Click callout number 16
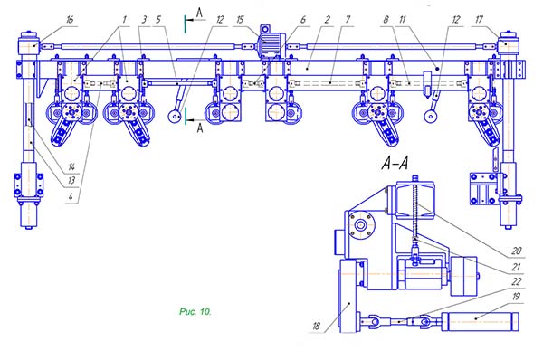pos(70,19)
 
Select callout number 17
pos(479,20)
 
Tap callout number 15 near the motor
pos(240,20)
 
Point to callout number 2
pos(328,20)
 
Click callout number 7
pos(348,20)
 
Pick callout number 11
pos(402,20)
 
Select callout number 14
pos(71,166)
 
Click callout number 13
pos(71,180)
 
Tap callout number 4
pos(71,197)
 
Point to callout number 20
pos(517,251)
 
